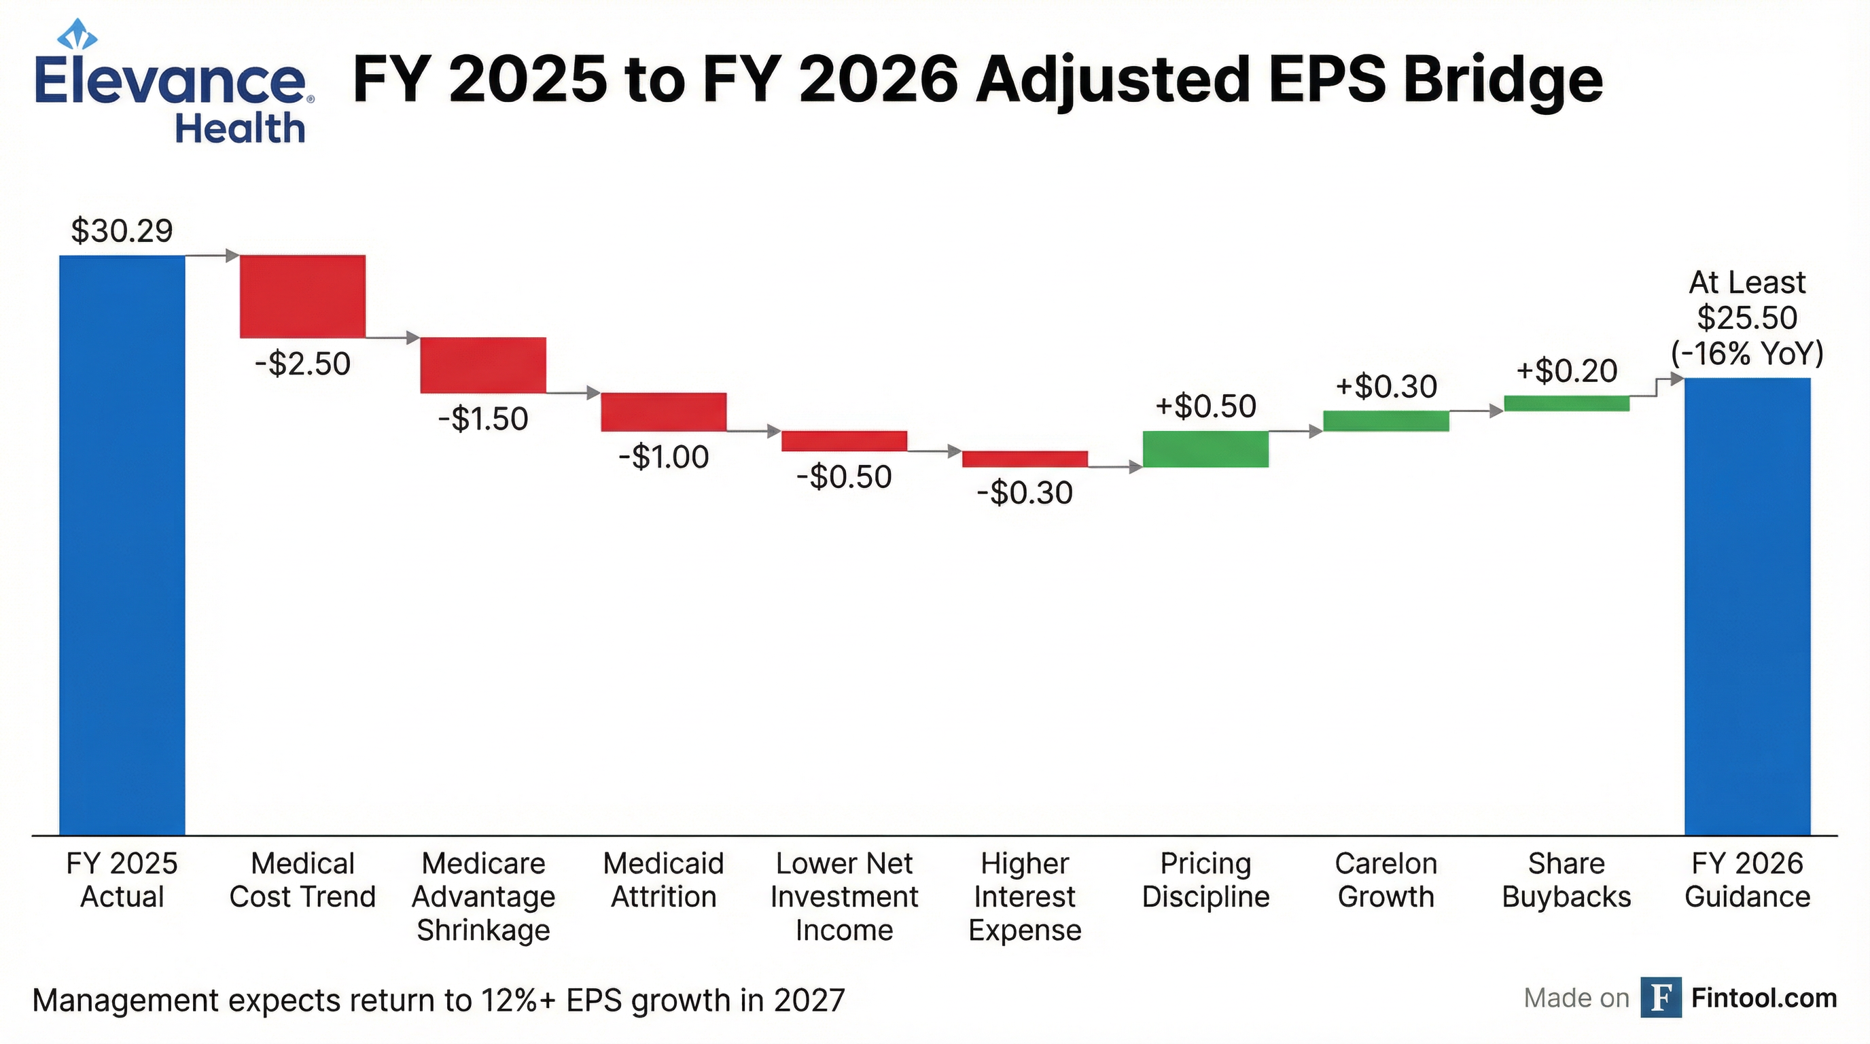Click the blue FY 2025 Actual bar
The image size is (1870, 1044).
pyautogui.click(x=122, y=544)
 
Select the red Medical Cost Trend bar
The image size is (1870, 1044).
pyautogui.click(x=302, y=296)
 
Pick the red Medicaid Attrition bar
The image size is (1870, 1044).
pyautogui.click(x=663, y=412)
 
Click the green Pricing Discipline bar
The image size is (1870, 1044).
pyautogui.click(x=1205, y=449)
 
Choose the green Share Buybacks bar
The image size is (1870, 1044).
pyautogui.click(x=1566, y=403)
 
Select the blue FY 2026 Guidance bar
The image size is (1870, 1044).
pyautogui.click(x=1747, y=606)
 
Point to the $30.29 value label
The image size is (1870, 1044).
pyautogui.click(x=122, y=231)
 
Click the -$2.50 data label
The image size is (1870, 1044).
pyautogui.click(x=302, y=364)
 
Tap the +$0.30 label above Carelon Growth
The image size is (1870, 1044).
pyautogui.click(x=1386, y=386)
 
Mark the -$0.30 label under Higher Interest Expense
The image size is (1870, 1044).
pyautogui.click(x=1024, y=493)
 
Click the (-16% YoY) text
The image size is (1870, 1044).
pyautogui.click(x=1747, y=353)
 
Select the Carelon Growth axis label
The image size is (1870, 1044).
pyautogui.click(x=1386, y=880)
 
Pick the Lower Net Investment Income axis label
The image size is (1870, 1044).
pyautogui.click(x=844, y=897)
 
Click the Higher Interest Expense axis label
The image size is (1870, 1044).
pyautogui.click(x=1024, y=897)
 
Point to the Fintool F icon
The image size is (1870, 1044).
pyautogui.click(x=1661, y=998)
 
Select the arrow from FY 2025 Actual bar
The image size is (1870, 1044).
pyautogui.click(x=213, y=256)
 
